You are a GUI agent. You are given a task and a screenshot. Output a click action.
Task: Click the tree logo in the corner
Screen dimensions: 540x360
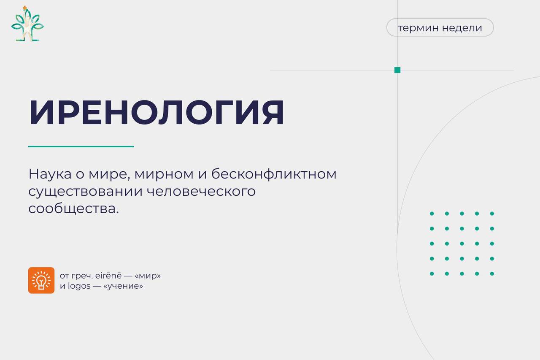point(27,24)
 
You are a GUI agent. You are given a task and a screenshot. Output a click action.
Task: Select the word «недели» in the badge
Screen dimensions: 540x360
point(462,28)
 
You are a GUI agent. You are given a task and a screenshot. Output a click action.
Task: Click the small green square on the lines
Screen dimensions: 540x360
point(397,70)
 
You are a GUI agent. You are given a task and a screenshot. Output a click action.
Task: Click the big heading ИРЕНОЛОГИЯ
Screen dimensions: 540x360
point(157,112)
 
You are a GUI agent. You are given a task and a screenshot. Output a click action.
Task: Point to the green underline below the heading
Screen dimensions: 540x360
point(81,146)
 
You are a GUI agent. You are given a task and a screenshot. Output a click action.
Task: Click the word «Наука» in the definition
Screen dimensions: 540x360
point(50,173)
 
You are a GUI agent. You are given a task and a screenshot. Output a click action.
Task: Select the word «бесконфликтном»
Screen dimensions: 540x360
point(274,173)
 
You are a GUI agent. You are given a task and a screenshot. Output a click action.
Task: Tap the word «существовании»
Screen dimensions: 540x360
point(85,192)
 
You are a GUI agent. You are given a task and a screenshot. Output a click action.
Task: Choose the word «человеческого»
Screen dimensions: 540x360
point(201,191)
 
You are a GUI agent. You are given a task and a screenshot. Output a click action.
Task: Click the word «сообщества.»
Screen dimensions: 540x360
point(73,208)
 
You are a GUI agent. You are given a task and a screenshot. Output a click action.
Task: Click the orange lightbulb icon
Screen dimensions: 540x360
point(41,280)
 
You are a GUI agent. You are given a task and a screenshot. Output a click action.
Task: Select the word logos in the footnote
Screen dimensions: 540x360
point(79,286)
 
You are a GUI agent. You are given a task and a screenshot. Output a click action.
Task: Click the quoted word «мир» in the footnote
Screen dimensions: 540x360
point(147,276)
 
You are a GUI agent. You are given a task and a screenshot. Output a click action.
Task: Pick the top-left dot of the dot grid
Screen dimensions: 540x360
point(432,214)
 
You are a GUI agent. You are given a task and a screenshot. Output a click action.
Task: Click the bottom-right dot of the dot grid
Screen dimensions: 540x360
point(492,273)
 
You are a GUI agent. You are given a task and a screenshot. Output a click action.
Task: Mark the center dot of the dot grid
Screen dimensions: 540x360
point(462,244)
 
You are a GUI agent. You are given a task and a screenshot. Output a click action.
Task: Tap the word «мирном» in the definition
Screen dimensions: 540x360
point(164,174)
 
